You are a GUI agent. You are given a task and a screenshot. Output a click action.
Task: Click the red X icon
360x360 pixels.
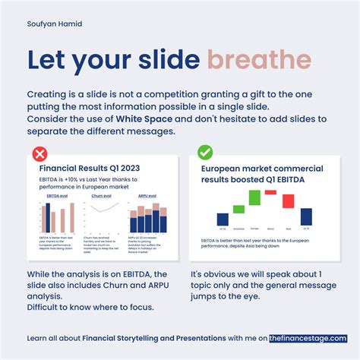point(39,154)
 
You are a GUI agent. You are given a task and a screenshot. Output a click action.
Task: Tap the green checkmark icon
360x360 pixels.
point(205,153)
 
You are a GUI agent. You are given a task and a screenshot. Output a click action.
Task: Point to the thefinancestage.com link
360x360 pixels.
point(308,338)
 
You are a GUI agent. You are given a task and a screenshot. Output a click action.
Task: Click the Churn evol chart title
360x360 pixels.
point(103,195)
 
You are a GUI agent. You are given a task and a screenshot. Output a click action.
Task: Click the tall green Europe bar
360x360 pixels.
point(254,197)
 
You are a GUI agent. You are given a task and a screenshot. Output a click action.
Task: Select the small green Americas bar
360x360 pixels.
point(238,209)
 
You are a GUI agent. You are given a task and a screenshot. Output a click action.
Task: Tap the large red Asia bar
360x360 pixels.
point(289,201)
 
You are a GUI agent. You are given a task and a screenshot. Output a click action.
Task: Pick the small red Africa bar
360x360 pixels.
point(271,192)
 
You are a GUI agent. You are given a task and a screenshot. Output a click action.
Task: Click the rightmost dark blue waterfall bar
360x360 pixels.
point(306,216)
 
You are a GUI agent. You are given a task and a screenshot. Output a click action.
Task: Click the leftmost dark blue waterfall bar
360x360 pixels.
point(223,219)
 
